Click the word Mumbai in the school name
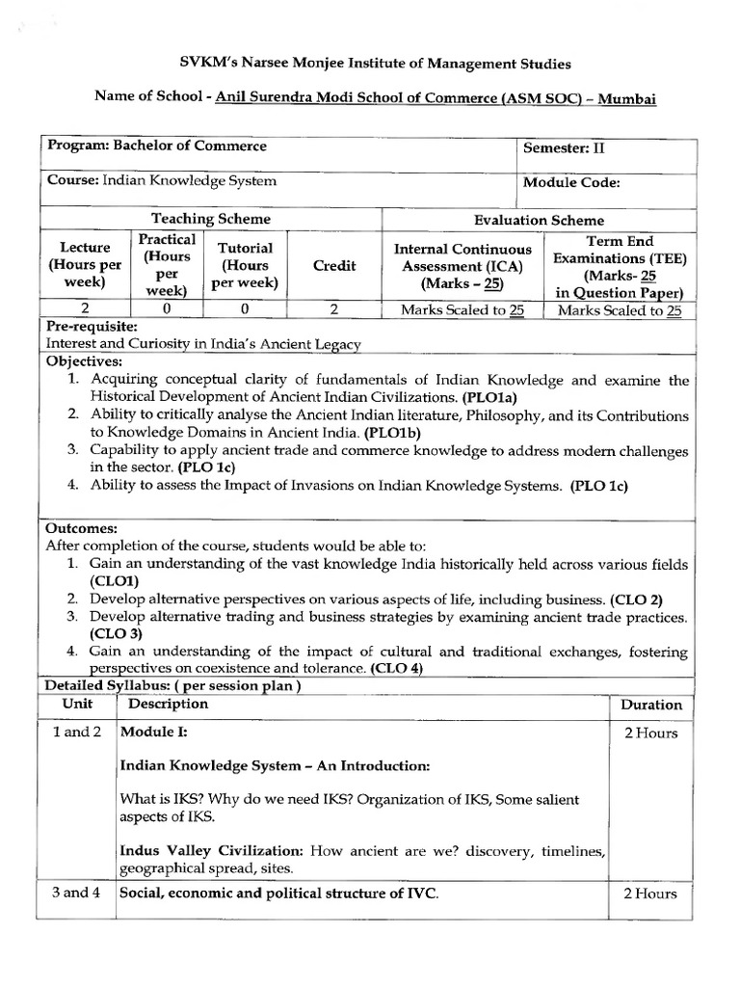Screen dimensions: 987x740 [x=629, y=99]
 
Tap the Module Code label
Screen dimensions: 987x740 [x=570, y=183]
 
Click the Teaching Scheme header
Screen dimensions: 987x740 [x=211, y=220]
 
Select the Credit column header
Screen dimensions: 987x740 [x=334, y=266]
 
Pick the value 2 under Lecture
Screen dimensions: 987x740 [x=78, y=310]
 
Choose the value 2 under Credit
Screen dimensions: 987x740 [x=334, y=310]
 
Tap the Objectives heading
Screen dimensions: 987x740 [x=84, y=361]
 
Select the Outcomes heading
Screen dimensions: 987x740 [x=82, y=528]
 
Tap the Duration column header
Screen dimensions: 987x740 [x=650, y=705]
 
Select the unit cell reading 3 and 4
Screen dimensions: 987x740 [x=76, y=894]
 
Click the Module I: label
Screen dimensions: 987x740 [x=153, y=733]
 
